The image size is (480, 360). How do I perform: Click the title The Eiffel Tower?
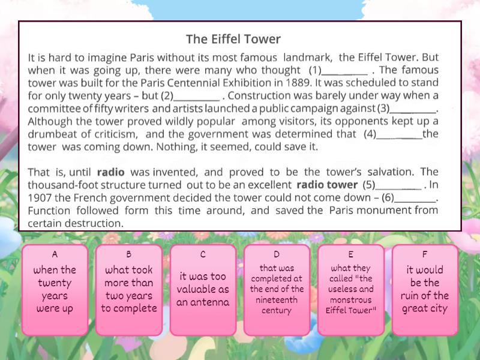233,40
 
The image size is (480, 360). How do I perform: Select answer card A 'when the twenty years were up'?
55,289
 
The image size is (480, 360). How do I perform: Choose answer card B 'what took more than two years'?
129,289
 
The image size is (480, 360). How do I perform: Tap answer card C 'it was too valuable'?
203,289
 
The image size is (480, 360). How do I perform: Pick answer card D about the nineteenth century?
277,289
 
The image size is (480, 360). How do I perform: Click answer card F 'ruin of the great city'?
424,289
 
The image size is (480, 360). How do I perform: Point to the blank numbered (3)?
413,109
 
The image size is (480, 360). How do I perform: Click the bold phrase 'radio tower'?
326,185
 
